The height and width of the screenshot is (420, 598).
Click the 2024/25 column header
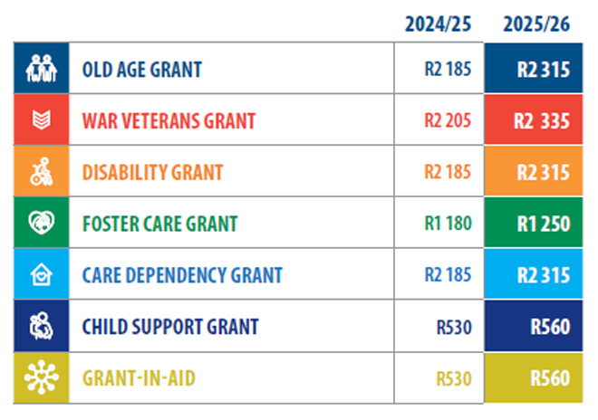pos(439,24)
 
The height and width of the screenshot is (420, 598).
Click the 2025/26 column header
pos(537,24)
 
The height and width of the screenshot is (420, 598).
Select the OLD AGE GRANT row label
pos(141,69)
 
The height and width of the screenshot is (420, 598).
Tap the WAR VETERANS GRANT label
pos(169,120)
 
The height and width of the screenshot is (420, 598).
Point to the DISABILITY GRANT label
pos(152,172)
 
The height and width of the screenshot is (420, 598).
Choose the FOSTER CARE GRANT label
pos(159,224)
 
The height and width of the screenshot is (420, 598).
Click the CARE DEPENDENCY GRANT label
pos(182,275)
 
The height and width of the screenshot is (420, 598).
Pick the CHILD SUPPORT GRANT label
pos(170,327)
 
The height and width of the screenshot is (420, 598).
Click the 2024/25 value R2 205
pos(448,120)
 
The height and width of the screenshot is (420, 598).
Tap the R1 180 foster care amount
pos(448,224)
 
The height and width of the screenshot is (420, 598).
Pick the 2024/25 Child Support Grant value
pos(453,327)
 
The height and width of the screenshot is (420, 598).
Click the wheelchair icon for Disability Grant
pos(42,172)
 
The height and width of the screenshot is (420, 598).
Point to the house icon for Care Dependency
pos(42,275)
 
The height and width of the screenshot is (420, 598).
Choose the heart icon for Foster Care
pos(42,224)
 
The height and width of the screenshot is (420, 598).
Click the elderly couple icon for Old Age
pos(42,69)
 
